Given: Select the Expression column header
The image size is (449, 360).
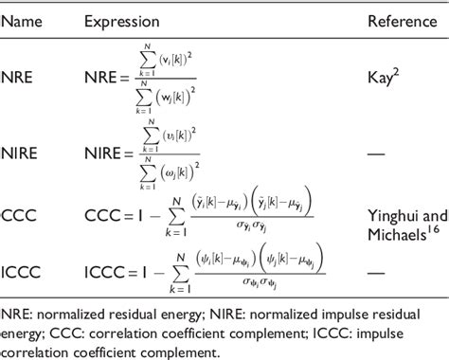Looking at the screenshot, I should tap(120, 20).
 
